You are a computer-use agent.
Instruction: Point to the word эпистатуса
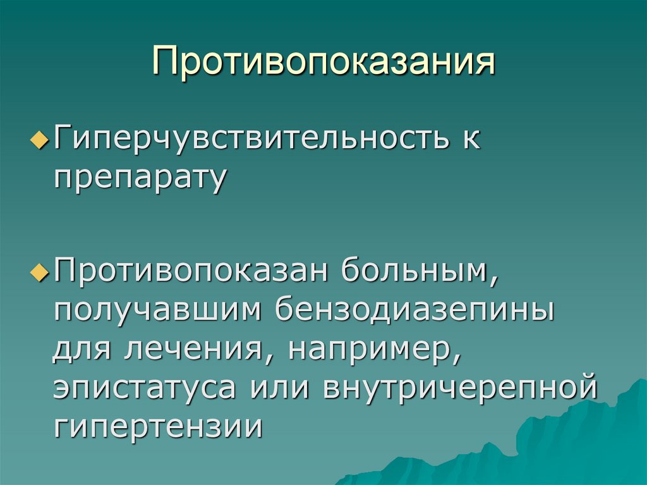click(151, 387)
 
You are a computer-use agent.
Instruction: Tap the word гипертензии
click(157, 426)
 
